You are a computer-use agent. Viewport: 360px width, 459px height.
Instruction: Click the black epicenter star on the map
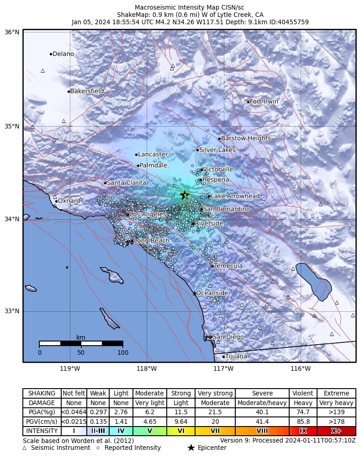coord(185,195)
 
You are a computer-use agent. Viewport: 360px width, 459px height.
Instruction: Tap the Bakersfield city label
coord(87,91)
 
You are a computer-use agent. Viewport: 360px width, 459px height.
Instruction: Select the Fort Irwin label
coord(264,101)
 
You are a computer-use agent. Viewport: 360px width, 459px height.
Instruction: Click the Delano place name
coord(63,54)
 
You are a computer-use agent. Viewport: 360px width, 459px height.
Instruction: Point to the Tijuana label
coord(236,357)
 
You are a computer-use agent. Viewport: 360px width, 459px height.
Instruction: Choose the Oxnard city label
coord(69,201)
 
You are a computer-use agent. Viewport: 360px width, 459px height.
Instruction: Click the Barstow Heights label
coord(246,139)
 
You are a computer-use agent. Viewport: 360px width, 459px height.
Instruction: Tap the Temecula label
coord(228,266)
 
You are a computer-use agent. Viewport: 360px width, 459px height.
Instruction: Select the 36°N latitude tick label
coord(12,32)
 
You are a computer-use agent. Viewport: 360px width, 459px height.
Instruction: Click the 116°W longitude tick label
coord(300,368)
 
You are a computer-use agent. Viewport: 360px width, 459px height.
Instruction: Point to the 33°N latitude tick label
coord(12,311)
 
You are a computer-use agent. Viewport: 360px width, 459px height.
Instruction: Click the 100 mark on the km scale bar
coord(122,352)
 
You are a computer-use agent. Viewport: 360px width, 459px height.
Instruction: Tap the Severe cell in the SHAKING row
coord(262,393)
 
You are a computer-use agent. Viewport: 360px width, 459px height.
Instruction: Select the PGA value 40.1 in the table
coord(262,412)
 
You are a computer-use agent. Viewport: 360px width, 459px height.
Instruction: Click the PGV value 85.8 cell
coord(303,422)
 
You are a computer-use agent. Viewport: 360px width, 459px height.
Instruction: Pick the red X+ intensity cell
coord(336,431)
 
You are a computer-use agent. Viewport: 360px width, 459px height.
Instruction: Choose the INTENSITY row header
coord(42,431)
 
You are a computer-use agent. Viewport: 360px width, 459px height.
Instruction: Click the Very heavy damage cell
coord(336,403)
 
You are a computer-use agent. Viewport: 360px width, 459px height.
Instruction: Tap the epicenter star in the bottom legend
coord(191,448)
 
